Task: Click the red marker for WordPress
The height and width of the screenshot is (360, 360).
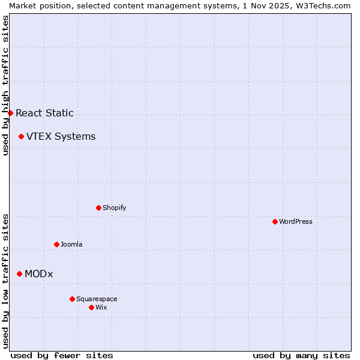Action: [x=275, y=221]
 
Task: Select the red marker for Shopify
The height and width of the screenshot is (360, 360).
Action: [x=98, y=208]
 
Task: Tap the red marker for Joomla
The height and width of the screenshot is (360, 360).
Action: [x=56, y=244]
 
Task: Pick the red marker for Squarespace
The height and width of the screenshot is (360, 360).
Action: [x=72, y=299]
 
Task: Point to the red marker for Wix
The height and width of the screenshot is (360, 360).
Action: [x=91, y=307]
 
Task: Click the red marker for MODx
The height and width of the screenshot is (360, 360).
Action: [x=19, y=274]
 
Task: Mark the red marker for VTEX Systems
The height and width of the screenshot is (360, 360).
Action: [x=21, y=136]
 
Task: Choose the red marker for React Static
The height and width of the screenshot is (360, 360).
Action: [x=10, y=113]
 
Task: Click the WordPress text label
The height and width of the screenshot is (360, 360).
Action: [x=296, y=221]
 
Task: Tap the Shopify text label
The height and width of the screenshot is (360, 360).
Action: [x=115, y=208]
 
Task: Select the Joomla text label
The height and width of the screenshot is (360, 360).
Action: [x=71, y=244]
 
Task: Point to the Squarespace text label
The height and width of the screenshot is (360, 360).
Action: [x=97, y=299]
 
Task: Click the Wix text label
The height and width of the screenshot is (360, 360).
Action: [x=101, y=307]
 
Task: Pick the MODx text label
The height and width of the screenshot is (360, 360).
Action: [x=39, y=274]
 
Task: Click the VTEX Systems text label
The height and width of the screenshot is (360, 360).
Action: [x=61, y=136]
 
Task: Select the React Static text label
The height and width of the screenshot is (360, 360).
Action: [x=45, y=113]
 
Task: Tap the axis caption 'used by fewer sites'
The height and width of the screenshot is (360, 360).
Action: [x=62, y=355]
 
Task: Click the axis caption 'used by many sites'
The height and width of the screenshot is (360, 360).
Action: [x=301, y=355]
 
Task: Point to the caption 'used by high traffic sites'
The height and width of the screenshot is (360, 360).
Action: [x=5, y=85]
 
